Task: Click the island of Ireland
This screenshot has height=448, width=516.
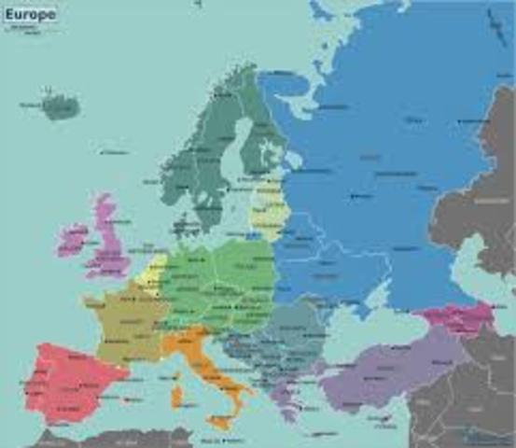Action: click(x=72, y=241)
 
